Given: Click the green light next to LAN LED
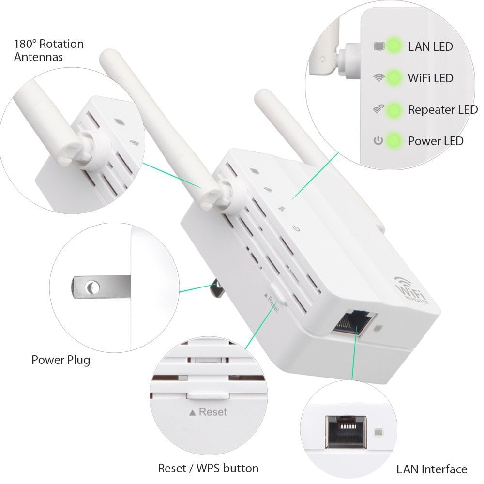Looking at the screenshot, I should (x=394, y=46).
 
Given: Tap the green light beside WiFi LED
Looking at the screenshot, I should (x=394, y=77).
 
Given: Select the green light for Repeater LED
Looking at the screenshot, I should (x=394, y=109).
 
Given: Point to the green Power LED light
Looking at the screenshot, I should (x=394, y=141).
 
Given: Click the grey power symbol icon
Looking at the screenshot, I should (x=378, y=141).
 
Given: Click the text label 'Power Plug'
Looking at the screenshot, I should (x=60, y=360).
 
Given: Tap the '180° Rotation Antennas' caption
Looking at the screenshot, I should (x=48, y=50).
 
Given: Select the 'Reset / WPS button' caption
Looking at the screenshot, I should (x=208, y=468).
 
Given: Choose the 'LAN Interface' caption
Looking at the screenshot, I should (x=432, y=469).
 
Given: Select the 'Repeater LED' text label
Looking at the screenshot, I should (x=442, y=110).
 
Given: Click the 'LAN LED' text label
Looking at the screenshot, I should (x=430, y=47).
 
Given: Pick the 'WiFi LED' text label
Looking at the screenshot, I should (x=430, y=78).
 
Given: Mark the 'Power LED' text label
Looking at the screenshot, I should (x=435, y=141).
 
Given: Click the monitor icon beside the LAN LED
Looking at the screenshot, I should (x=378, y=47).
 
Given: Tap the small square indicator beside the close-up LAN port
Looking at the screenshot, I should (x=379, y=430).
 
